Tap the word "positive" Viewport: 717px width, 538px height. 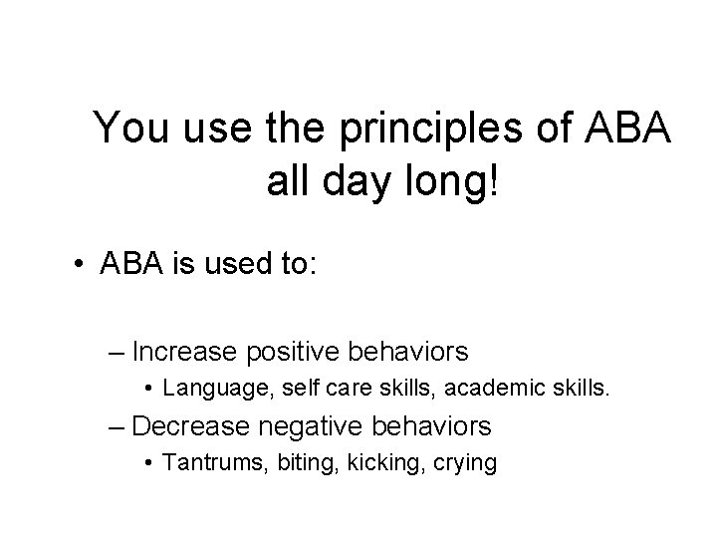284,352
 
